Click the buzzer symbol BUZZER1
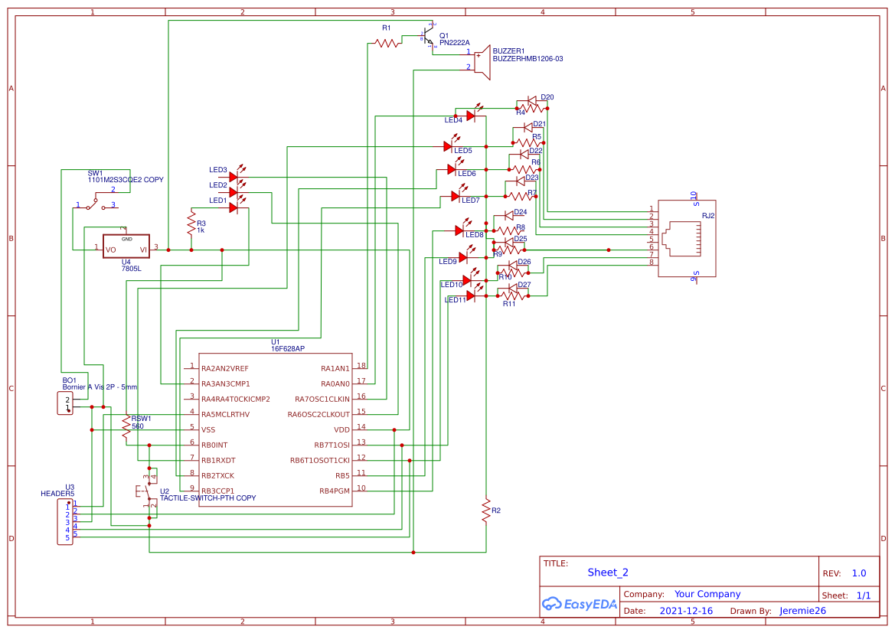[482, 60]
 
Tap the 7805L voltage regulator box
[126, 247]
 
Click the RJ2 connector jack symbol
[687, 238]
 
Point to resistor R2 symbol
[485, 510]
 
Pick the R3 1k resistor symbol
[191, 224]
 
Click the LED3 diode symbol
[234, 177]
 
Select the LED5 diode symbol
[449, 145]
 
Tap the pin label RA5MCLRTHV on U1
[225, 414]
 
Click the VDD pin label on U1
[341, 429]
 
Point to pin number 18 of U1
[361, 366]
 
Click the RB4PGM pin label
[334, 491]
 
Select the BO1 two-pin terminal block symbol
[65, 403]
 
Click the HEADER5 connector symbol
[65, 522]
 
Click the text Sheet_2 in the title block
[608, 572]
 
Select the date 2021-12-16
[686, 611]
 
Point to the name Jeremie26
[802, 611]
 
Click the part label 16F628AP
[288, 348]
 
